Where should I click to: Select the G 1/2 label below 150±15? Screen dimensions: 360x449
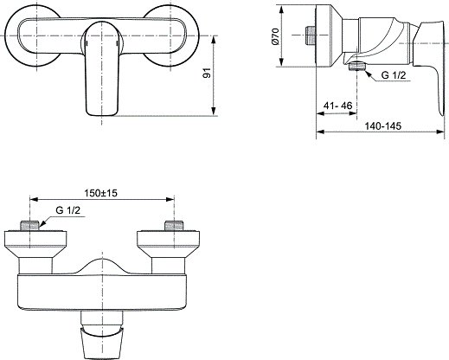(x=68, y=210)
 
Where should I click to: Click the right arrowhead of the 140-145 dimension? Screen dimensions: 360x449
(x=441, y=132)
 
